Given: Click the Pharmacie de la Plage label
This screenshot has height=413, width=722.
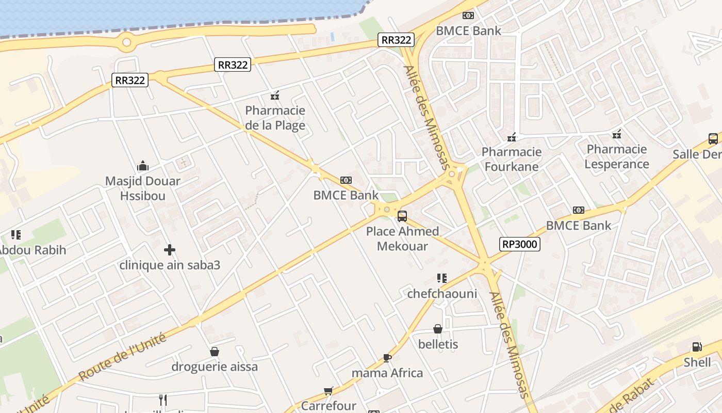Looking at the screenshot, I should coord(275,118).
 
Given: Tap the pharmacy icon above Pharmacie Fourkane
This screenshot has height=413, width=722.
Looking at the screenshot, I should coord(512,137).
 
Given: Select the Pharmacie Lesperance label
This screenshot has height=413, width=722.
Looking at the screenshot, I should coord(617,156).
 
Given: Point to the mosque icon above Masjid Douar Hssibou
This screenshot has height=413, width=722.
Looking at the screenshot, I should coord(143,166).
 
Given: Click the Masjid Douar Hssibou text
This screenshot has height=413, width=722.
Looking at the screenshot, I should coord(143,188).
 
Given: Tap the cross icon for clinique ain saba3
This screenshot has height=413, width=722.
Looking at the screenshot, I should coord(170,250).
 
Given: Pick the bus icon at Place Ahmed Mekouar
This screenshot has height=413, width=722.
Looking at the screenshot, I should coord(402,216).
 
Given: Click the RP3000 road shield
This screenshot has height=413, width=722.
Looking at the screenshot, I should coord(519,244).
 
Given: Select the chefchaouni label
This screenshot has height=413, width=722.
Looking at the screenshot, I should coord(442,294).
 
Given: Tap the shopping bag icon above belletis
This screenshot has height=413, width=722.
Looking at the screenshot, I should coord(438,329).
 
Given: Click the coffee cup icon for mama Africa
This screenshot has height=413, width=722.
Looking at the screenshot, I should coord(387,358).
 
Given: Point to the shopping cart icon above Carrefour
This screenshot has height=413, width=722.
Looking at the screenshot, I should coord(329,391).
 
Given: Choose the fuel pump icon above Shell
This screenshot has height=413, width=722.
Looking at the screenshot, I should coord(697,347).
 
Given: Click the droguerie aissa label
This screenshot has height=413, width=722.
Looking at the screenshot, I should coord(215,367).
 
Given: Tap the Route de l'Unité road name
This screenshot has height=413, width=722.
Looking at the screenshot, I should coord(123,357).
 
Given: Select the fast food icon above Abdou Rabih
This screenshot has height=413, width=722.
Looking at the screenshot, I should coord(16,235).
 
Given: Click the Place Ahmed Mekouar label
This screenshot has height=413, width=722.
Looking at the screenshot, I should coord(402,239).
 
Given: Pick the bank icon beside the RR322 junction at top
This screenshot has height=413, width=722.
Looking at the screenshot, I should coord(468,15).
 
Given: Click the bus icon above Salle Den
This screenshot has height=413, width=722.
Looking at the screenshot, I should coord(713,138).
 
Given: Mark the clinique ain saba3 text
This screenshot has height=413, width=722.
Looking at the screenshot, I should coord(170,265).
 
